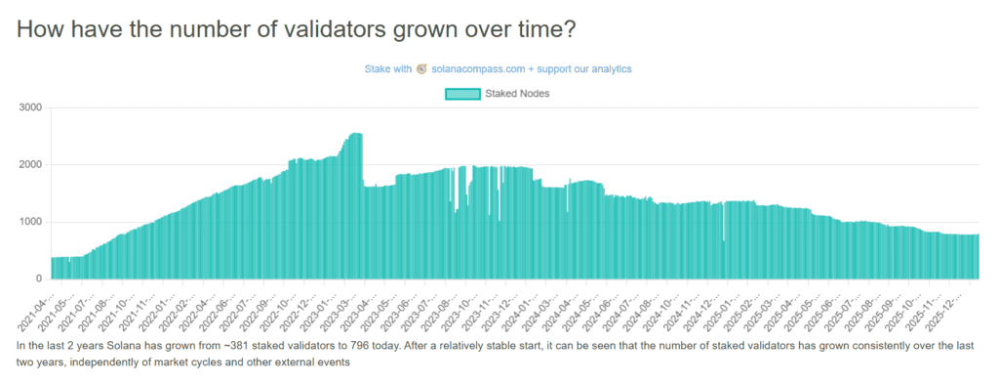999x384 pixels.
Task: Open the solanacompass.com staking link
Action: (532, 69)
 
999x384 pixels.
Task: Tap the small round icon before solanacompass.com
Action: (422, 69)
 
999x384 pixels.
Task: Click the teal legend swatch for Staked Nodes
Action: (462, 94)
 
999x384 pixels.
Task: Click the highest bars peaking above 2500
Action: (354, 137)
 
